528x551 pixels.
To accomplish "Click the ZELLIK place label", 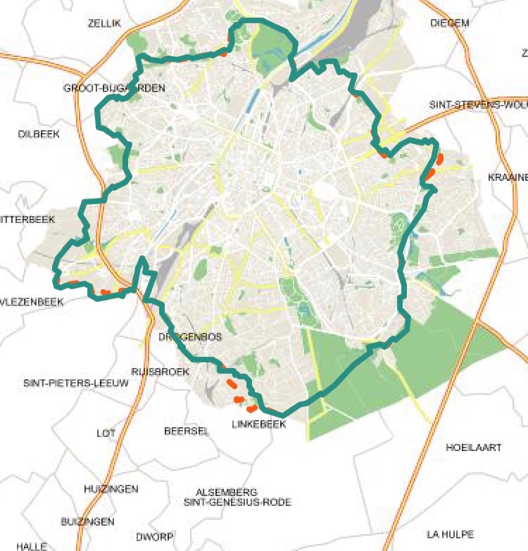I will [x=105, y=23].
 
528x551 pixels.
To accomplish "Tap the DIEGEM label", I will [x=449, y=23].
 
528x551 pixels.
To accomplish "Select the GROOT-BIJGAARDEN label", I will [x=114, y=88].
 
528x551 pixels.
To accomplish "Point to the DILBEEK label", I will [x=39, y=133].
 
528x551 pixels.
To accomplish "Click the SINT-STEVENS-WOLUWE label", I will [x=478, y=105].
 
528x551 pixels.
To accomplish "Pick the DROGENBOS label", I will [x=190, y=337].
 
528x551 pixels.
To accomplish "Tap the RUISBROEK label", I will [x=161, y=372].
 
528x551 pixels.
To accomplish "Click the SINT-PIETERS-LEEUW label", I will [x=76, y=384].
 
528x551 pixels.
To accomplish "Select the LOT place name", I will [x=106, y=433].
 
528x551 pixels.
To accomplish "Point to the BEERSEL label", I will [x=187, y=431].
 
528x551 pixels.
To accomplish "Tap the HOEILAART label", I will [x=474, y=448].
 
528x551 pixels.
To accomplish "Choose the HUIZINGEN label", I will [x=111, y=489].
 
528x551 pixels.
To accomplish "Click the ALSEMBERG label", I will [x=227, y=493].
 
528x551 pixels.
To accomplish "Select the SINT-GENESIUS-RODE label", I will [x=237, y=502].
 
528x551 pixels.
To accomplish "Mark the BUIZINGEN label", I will [x=87, y=521].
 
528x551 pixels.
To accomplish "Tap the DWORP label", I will [x=155, y=537].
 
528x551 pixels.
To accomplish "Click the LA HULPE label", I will [x=450, y=534].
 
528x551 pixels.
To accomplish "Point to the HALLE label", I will [x=32, y=546].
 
